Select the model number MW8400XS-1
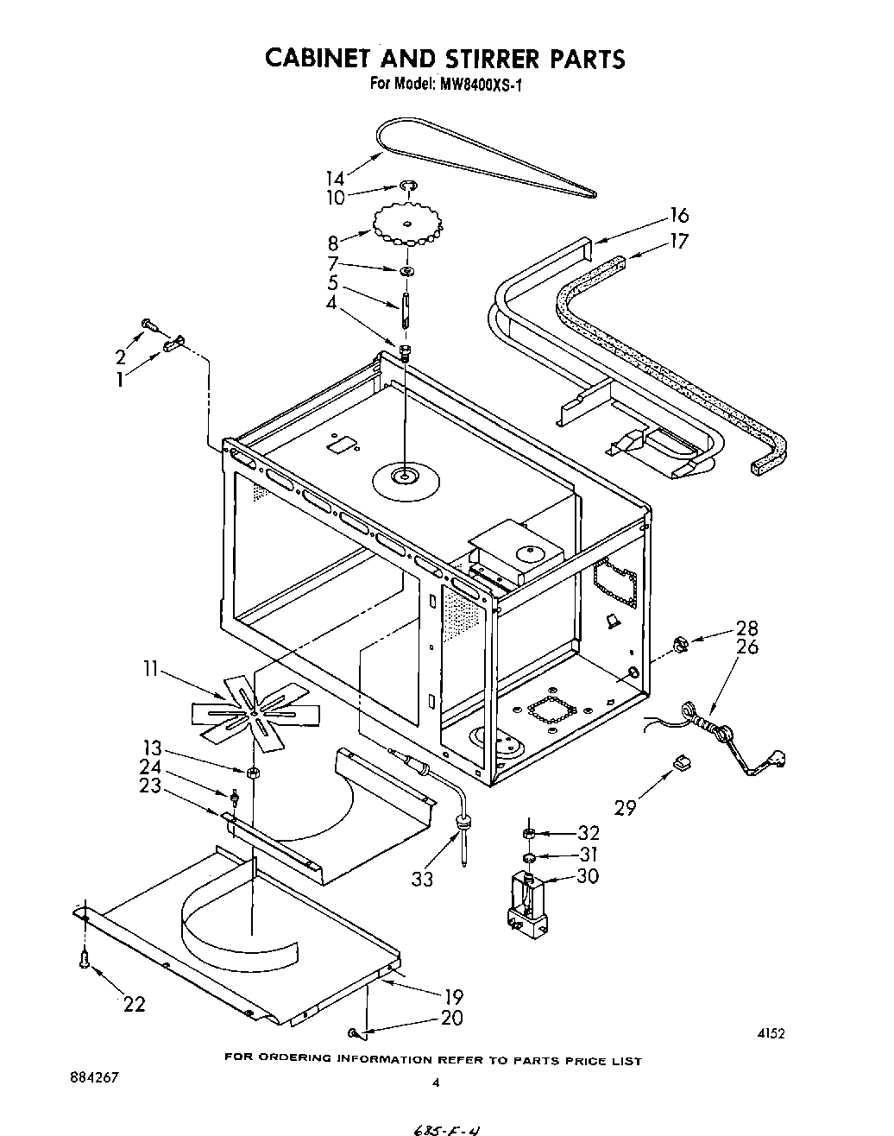tap(471, 85)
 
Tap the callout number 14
tap(335, 179)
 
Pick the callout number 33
tap(423, 879)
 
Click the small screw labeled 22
tap(85, 958)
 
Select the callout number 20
tap(451, 1019)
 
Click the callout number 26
tap(747, 647)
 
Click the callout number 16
tap(679, 216)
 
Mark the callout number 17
tap(679, 242)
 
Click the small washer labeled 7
tap(405, 272)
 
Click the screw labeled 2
tap(148, 325)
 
